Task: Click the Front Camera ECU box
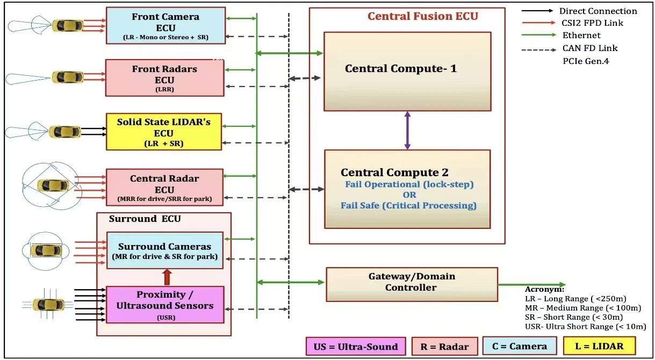pos(165,25)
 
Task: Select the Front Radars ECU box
pos(164,77)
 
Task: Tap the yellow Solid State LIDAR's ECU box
pos(164,132)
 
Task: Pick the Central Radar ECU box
pos(164,187)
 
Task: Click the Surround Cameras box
pos(164,250)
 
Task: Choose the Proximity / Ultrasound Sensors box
pos(165,305)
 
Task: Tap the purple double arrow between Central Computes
pos(407,130)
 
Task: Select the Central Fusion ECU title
pos(422,16)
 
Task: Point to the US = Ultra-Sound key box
pos(355,347)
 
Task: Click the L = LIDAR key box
pos(599,346)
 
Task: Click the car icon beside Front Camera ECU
pos(68,25)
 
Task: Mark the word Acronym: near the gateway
pos(544,289)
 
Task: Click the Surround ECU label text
pos(145,219)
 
